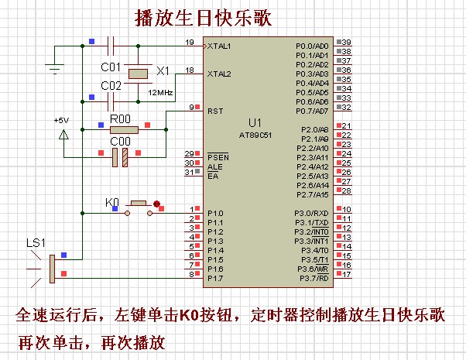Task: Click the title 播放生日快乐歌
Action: click(204, 17)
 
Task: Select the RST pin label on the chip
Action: click(214, 111)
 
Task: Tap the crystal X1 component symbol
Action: click(138, 74)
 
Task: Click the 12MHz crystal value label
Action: click(161, 92)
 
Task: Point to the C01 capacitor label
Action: click(111, 67)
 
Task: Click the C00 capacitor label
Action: click(120, 141)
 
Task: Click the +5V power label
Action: click(61, 121)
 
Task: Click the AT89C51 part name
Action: click(255, 134)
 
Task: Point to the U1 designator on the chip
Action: click(255, 123)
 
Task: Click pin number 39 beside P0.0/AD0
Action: click(347, 42)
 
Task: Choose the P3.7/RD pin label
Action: click(313, 278)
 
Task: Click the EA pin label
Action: click(212, 177)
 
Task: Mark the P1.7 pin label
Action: click(214, 278)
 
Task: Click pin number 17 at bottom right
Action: click(347, 274)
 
